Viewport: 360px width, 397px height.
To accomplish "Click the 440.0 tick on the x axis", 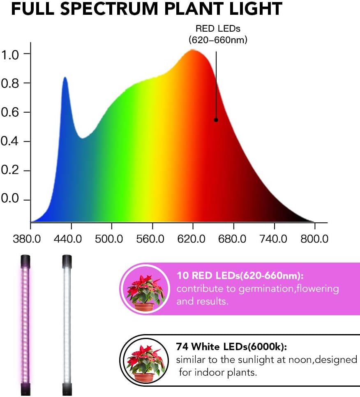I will coord(71,239).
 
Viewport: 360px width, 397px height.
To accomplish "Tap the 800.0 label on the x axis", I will coord(314,239).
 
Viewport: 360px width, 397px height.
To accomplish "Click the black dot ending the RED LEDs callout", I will coord(216,120).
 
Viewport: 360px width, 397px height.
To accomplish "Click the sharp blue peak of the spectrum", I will coord(65,78).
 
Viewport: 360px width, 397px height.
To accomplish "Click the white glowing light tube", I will coord(67,325).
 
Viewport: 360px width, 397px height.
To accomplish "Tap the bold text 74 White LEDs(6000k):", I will coord(231,347).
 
